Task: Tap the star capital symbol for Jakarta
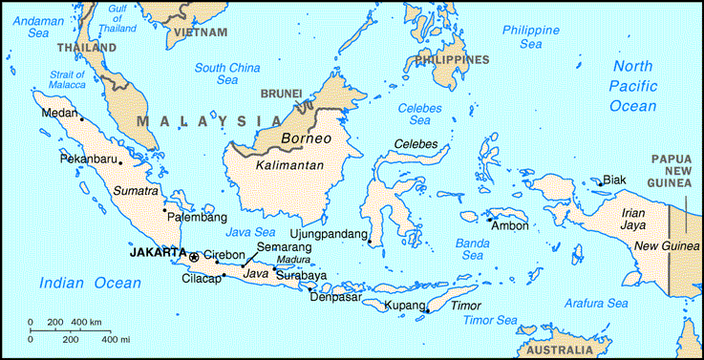pos(194,256)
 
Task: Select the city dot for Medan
pos(82,119)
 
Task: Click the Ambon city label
pos(508,225)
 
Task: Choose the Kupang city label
pos(402,306)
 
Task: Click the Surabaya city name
pos(301,275)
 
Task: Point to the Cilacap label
pos(201,280)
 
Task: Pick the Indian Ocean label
pos(90,283)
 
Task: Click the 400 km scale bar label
pos(88,321)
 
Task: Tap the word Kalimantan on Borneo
pos(290,164)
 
